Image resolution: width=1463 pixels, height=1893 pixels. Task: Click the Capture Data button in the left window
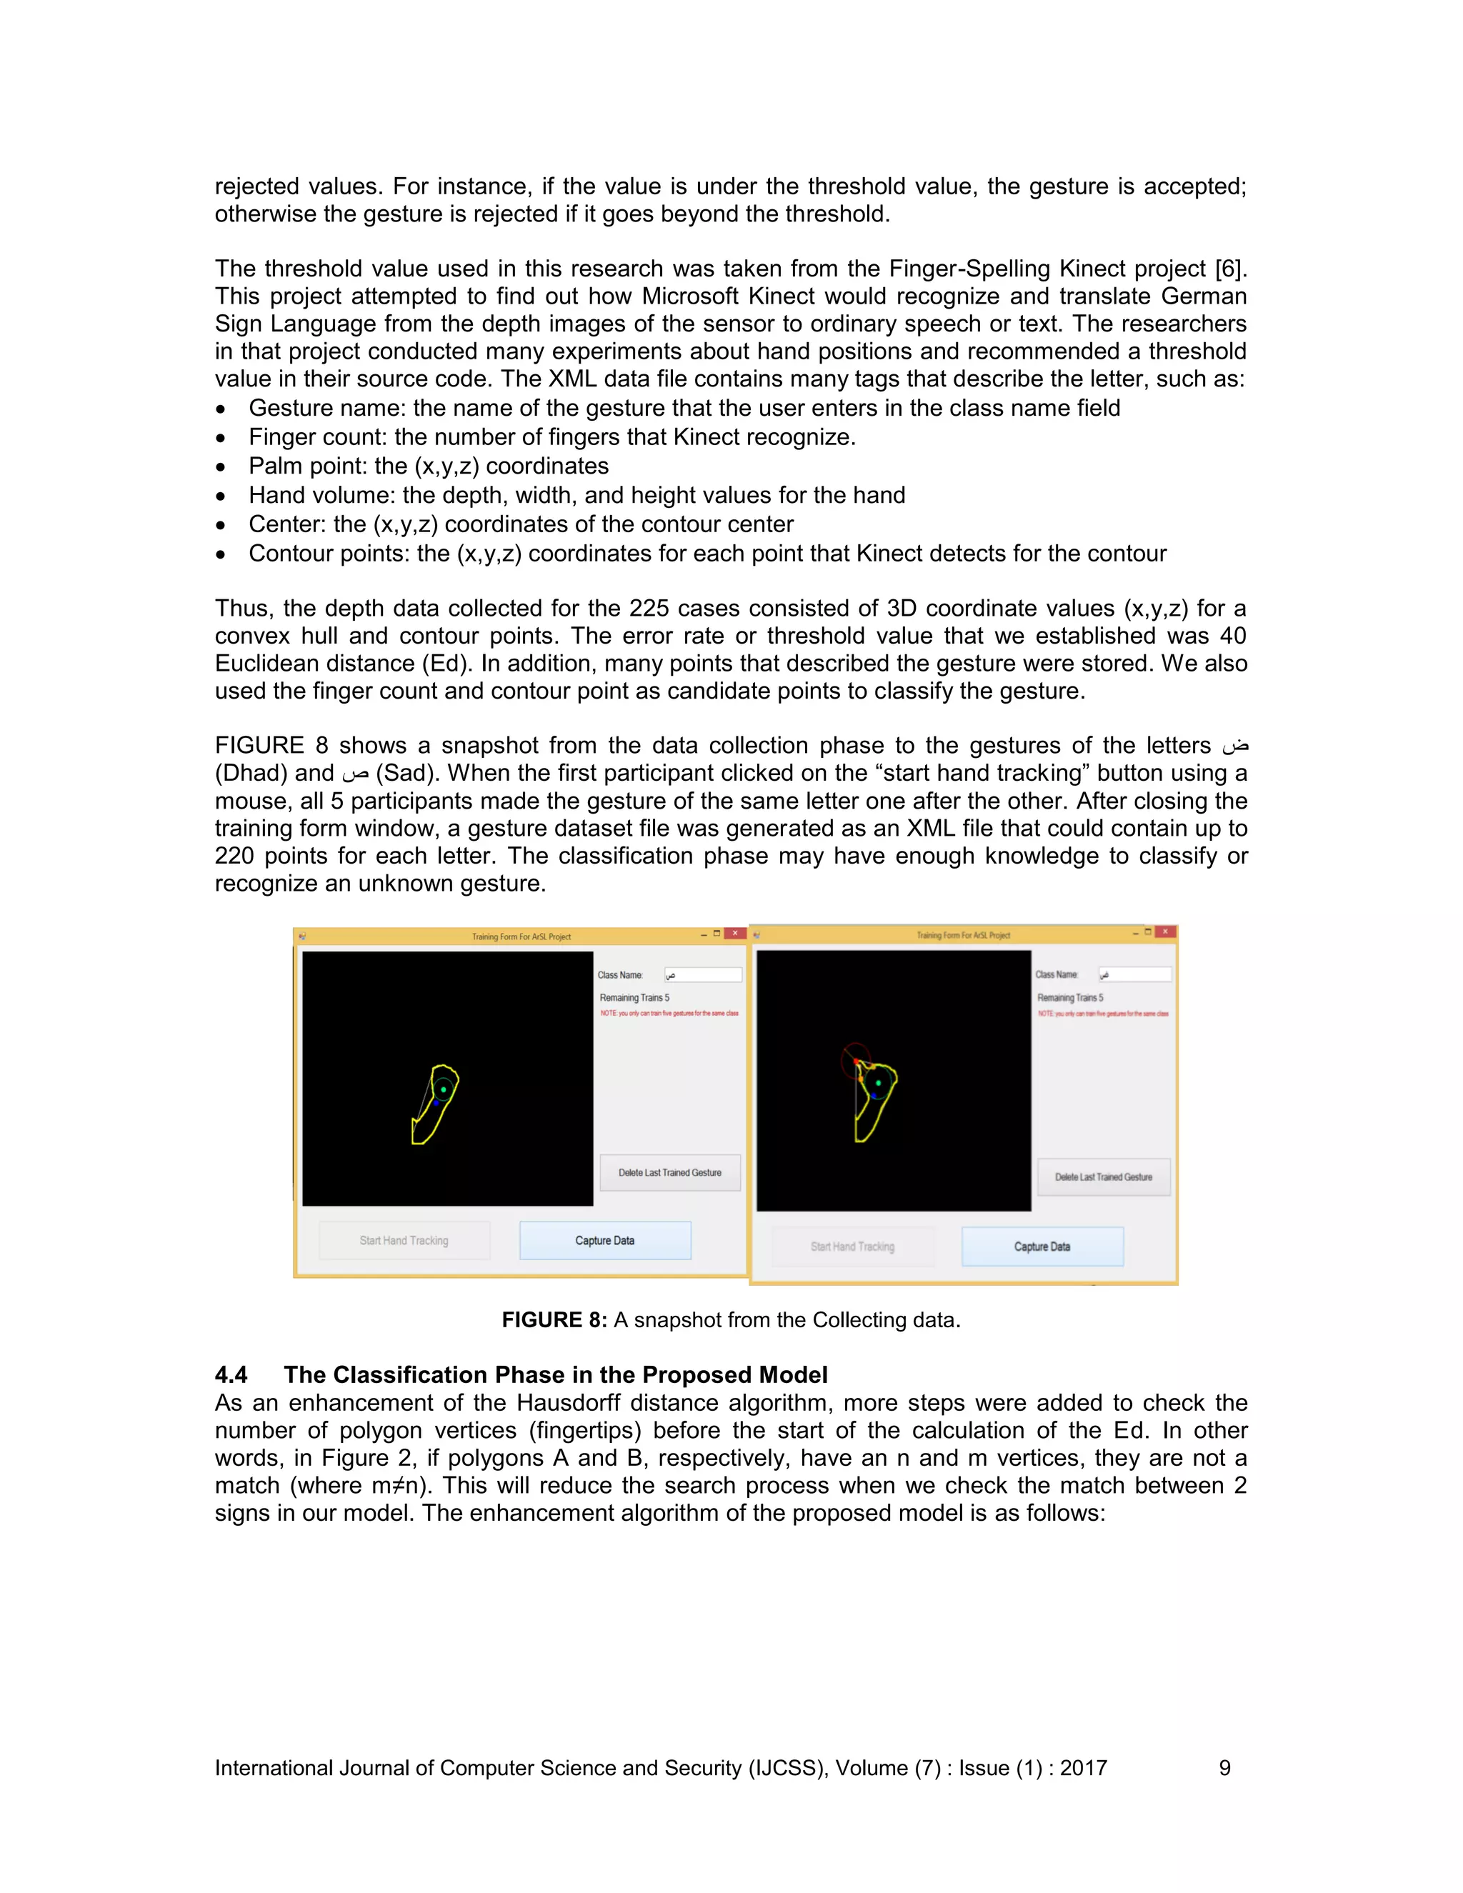click(x=605, y=1240)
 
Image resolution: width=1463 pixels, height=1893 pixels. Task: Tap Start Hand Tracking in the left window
click(x=404, y=1240)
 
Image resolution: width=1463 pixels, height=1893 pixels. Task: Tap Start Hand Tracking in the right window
click(x=852, y=1247)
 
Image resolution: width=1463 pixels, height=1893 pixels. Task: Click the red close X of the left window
click(x=735, y=934)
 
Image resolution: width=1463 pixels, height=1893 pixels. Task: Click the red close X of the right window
click(x=1166, y=931)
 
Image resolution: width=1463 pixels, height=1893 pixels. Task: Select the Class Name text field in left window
click(x=703, y=975)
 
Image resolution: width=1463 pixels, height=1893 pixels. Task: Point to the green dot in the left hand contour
click(x=444, y=1089)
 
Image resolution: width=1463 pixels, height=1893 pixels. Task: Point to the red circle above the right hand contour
click(x=855, y=1059)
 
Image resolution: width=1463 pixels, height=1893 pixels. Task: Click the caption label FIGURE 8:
click(x=554, y=1320)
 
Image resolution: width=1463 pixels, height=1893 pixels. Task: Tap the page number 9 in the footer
click(x=1224, y=1768)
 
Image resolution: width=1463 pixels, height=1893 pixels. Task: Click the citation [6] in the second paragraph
click(x=1230, y=269)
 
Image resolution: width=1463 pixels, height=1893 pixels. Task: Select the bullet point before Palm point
click(x=222, y=467)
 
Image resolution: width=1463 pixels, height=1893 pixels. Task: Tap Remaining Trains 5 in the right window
click(x=1070, y=998)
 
